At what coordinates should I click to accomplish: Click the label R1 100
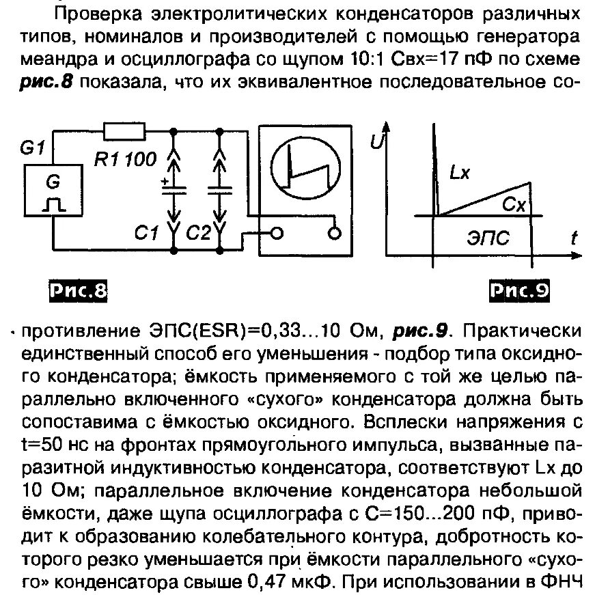point(124,159)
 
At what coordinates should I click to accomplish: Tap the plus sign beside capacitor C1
point(165,182)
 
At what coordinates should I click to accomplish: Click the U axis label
point(375,141)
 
